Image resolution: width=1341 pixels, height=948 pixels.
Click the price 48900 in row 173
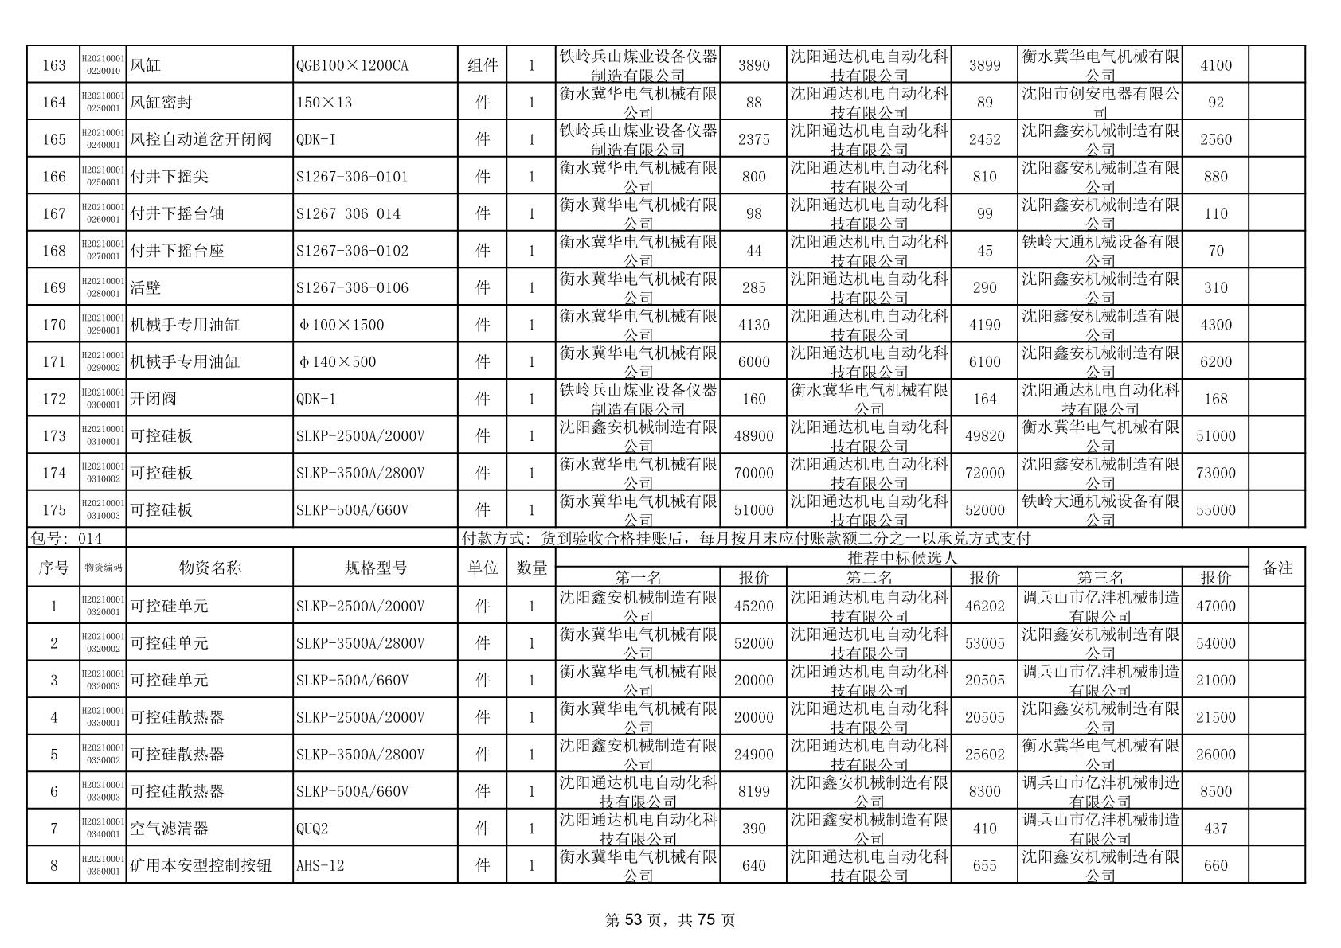tap(753, 436)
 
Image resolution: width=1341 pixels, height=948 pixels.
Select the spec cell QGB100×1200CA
tap(352, 65)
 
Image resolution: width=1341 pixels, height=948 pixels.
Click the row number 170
tap(54, 325)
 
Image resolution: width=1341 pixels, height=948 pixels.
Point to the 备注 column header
tap(1277, 568)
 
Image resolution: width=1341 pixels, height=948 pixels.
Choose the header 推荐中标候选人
tap(903, 558)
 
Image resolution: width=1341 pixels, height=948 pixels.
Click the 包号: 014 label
tap(65, 539)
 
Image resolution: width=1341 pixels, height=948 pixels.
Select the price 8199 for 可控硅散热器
tap(753, 791)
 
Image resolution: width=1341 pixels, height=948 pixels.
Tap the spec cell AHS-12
tap(320, 865)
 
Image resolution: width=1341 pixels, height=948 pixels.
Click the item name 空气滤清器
tap(169, 829)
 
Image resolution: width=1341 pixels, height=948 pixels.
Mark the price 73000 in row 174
tap(1215, 473)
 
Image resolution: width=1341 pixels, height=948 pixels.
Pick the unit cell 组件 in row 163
tap(483, 65)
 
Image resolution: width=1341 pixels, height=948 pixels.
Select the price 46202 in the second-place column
tap(984, 606)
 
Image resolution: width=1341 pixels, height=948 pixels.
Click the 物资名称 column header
tap(210, 568)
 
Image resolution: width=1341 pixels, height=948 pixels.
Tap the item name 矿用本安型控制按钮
tap(201, 865)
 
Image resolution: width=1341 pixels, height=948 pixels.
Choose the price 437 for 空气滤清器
tap(1215, 829)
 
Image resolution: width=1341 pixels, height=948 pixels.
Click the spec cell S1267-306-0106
tap(352, 287)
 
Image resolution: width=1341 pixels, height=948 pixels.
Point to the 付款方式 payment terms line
tap(746, 539)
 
